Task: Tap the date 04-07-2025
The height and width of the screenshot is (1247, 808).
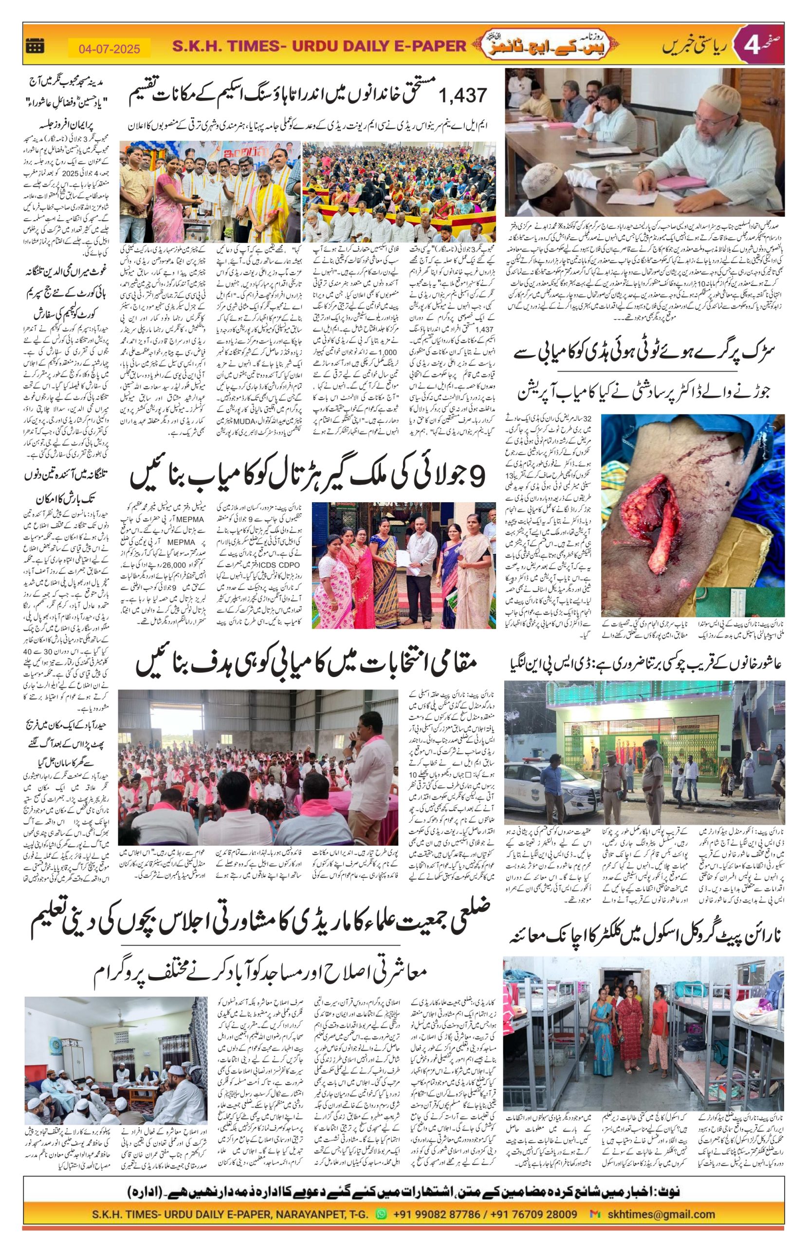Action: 110,49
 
